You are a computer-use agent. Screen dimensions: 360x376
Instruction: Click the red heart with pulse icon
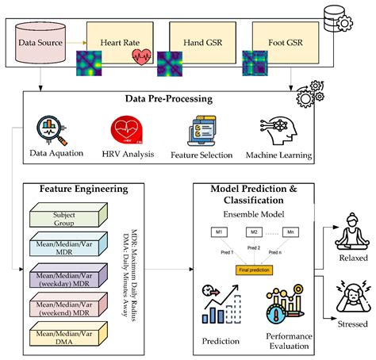click(x=143, y=57)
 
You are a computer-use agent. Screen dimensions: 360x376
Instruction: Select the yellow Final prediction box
click(x=252, y=270)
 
